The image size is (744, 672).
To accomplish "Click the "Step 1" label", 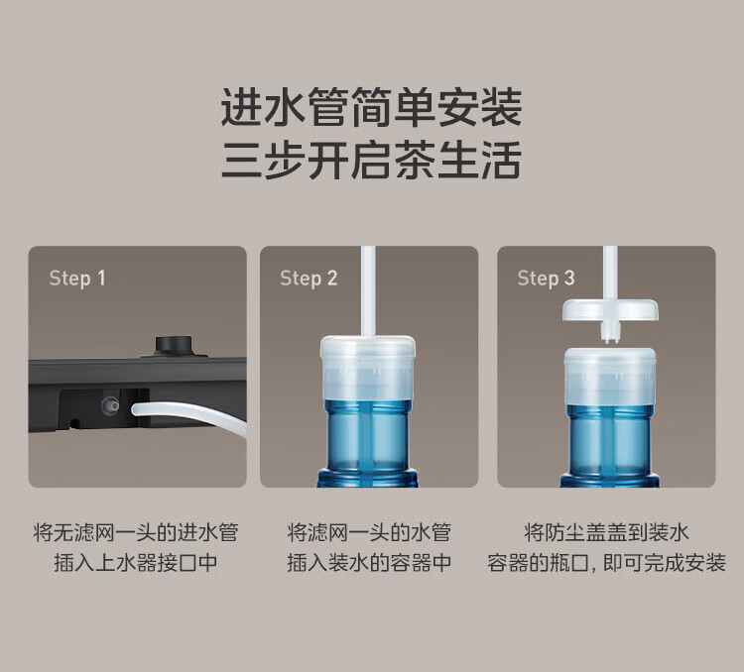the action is coord(77,278).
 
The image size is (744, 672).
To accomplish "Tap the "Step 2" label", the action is coord(309,278).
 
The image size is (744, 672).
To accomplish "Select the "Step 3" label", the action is coord(546,278).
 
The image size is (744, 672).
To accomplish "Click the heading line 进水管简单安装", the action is coord(372,107).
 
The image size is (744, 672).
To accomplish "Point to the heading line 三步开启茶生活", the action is coord(372,160).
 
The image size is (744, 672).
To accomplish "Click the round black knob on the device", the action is coord(174,346).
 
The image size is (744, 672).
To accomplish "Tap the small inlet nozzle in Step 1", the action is coord(111,405).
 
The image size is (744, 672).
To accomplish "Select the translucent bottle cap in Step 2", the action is coord(368,369).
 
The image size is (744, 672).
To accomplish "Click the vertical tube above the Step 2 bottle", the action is coord(368,290).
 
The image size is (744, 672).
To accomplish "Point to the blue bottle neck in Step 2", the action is coord(368,443).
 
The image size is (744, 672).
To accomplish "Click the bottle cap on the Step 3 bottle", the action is coord(610,378).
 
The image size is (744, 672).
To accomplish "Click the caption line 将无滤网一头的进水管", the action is coord(136,532).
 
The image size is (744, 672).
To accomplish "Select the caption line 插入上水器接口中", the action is coord(136,563).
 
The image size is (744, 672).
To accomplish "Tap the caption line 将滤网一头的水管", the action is coord(369,532).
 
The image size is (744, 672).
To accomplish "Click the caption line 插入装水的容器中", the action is coord(369,563).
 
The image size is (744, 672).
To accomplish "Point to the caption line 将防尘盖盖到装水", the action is coord(606,532).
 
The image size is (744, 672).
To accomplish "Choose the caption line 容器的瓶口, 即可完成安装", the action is coord(606,563).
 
